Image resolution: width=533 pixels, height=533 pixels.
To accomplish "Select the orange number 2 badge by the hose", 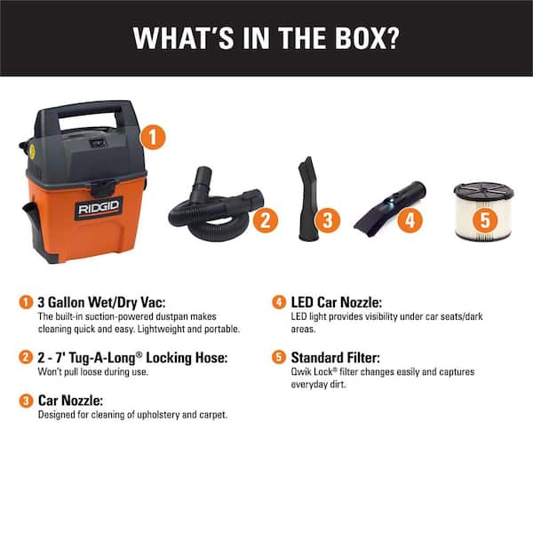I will [265, 220].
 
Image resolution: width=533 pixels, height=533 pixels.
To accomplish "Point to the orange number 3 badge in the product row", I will [328, 219].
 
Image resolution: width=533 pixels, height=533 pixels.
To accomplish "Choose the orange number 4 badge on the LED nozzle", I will [409, 219].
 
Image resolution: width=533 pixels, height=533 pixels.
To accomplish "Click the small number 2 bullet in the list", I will [25, 356].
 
